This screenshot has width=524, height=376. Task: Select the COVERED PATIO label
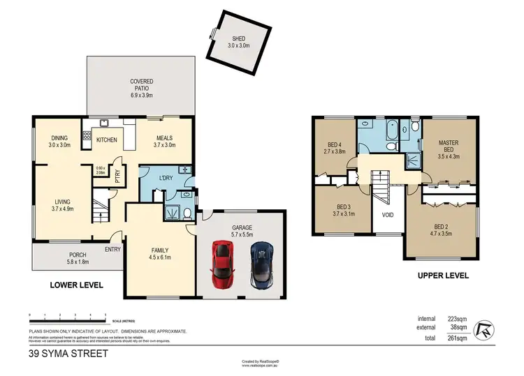[x=142, y=85]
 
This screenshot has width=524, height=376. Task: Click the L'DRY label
[x=166, y=179]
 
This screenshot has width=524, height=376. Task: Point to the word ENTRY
[x=112, y=249]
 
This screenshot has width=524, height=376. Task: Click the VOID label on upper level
[x=388, y=215]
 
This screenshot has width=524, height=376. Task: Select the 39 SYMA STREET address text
[x=68, y=354]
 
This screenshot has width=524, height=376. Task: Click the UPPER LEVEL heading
[x=443, y=276]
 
